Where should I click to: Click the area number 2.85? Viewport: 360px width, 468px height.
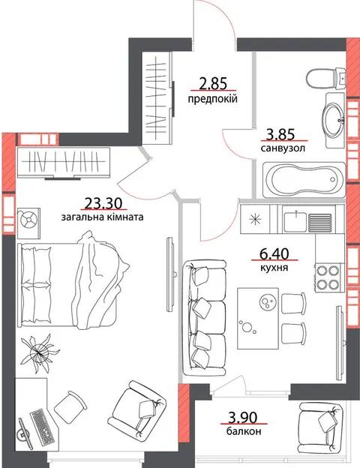click(x=213, y=83)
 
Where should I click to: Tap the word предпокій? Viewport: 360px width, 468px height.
click(x=212, y=98)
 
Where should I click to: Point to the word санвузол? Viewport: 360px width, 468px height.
click(x=283, y=148)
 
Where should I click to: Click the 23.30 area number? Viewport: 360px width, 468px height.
click(x=103, y=203)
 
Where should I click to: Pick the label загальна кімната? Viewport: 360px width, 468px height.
click(x=103, y=217)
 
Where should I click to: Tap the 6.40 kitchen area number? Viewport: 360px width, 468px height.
click(x=274, y=254)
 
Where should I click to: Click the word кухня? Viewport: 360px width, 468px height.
click(x=274, y=268)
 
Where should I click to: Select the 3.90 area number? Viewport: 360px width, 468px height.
click(x=242, y=417)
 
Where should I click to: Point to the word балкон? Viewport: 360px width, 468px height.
click(x=244, y=431)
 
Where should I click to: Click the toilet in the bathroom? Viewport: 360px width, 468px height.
click(x=326, y=78)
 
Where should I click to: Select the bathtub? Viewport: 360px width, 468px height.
click(x=304, y=180)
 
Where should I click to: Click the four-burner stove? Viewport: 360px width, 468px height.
click(x=328, y=277)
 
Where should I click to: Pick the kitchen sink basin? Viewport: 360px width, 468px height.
click(x=295, y=222)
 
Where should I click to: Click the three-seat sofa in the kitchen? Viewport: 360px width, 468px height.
click(x=205, y=318)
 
